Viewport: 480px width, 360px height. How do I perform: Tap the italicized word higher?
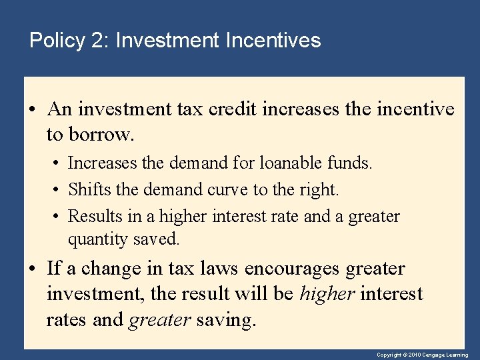[327, 294]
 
